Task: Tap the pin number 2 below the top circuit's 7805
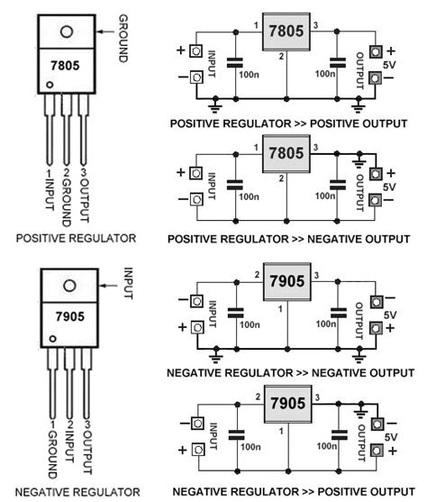click(283, 58)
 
